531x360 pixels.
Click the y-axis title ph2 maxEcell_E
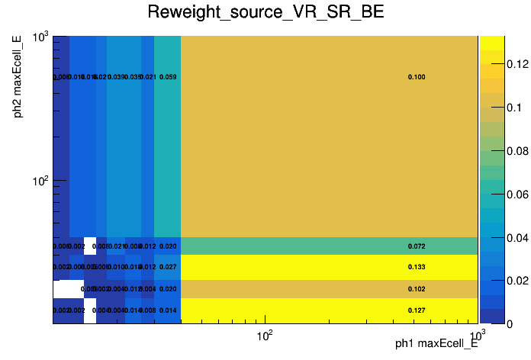[x=18, y=81]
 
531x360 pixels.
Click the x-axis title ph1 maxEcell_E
[x=436, y=344]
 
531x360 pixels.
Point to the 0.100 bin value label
[x=417, y=77]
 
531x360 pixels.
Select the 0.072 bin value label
[x=417, y=246]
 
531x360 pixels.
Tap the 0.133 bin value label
[x=417, y=267]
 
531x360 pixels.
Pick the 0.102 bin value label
[x=417, y=289]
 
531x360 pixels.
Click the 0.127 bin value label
[x=417, y=310]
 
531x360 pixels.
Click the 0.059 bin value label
[x=168, y=77]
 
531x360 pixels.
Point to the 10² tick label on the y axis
[x=38, y=181]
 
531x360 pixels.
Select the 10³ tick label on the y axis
[x=38, y=37]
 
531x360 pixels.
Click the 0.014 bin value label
[x=168, y=310]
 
